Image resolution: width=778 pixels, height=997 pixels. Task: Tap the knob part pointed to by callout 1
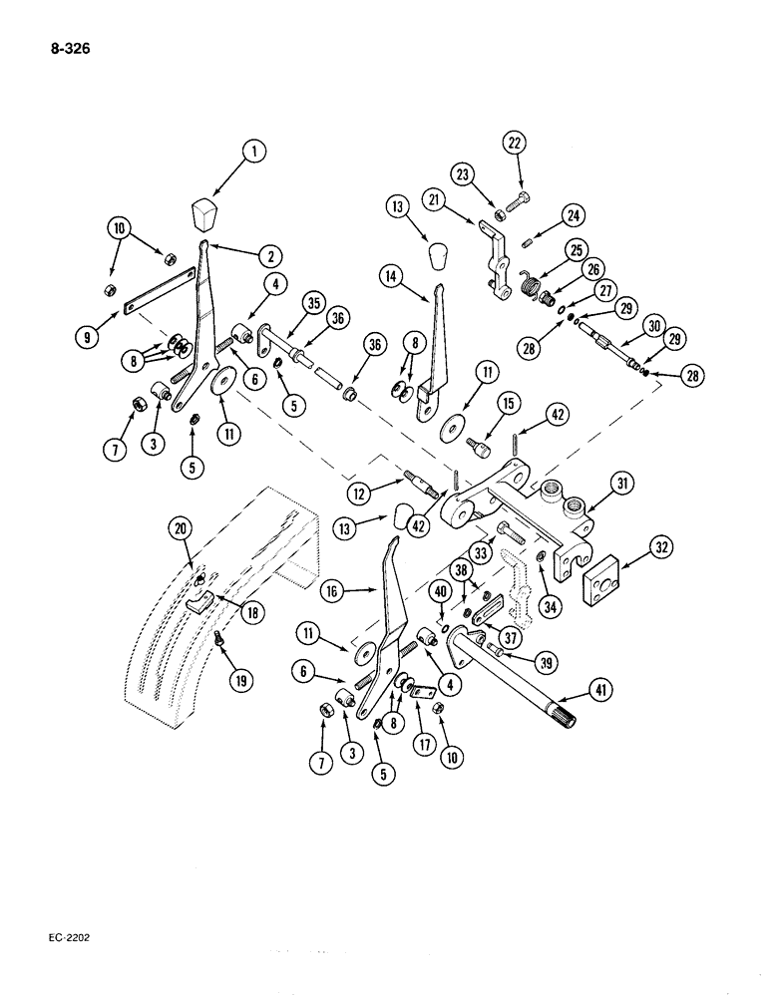pos(205,212)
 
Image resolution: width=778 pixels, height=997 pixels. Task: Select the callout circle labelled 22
pos(514,144)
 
